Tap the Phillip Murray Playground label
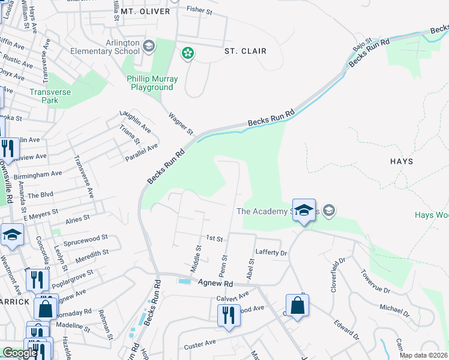pos(152,83)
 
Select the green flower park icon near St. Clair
pos(188,54)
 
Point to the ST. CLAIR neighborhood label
pos(245,52)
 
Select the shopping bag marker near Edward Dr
pos(297,307)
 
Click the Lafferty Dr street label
pos(272,253)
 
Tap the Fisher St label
pos(200,10)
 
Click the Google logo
pos(19,353)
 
